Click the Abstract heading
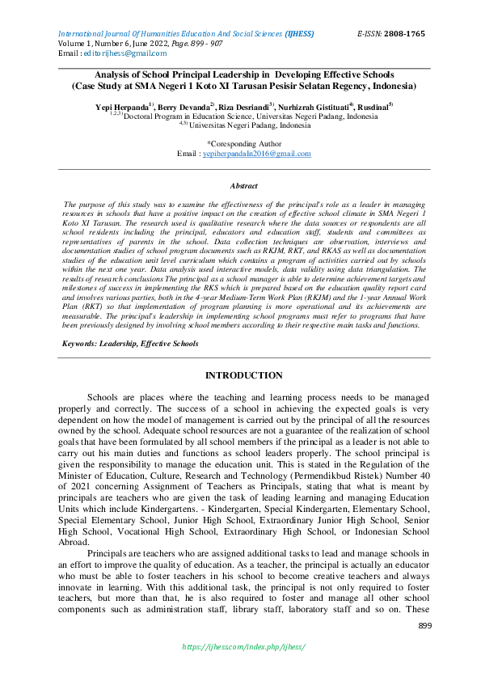pos(243,185)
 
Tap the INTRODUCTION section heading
pos(243,376)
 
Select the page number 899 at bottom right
pos(424,626)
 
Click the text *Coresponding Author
pos(243,142)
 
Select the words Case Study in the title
pos(102,84)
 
